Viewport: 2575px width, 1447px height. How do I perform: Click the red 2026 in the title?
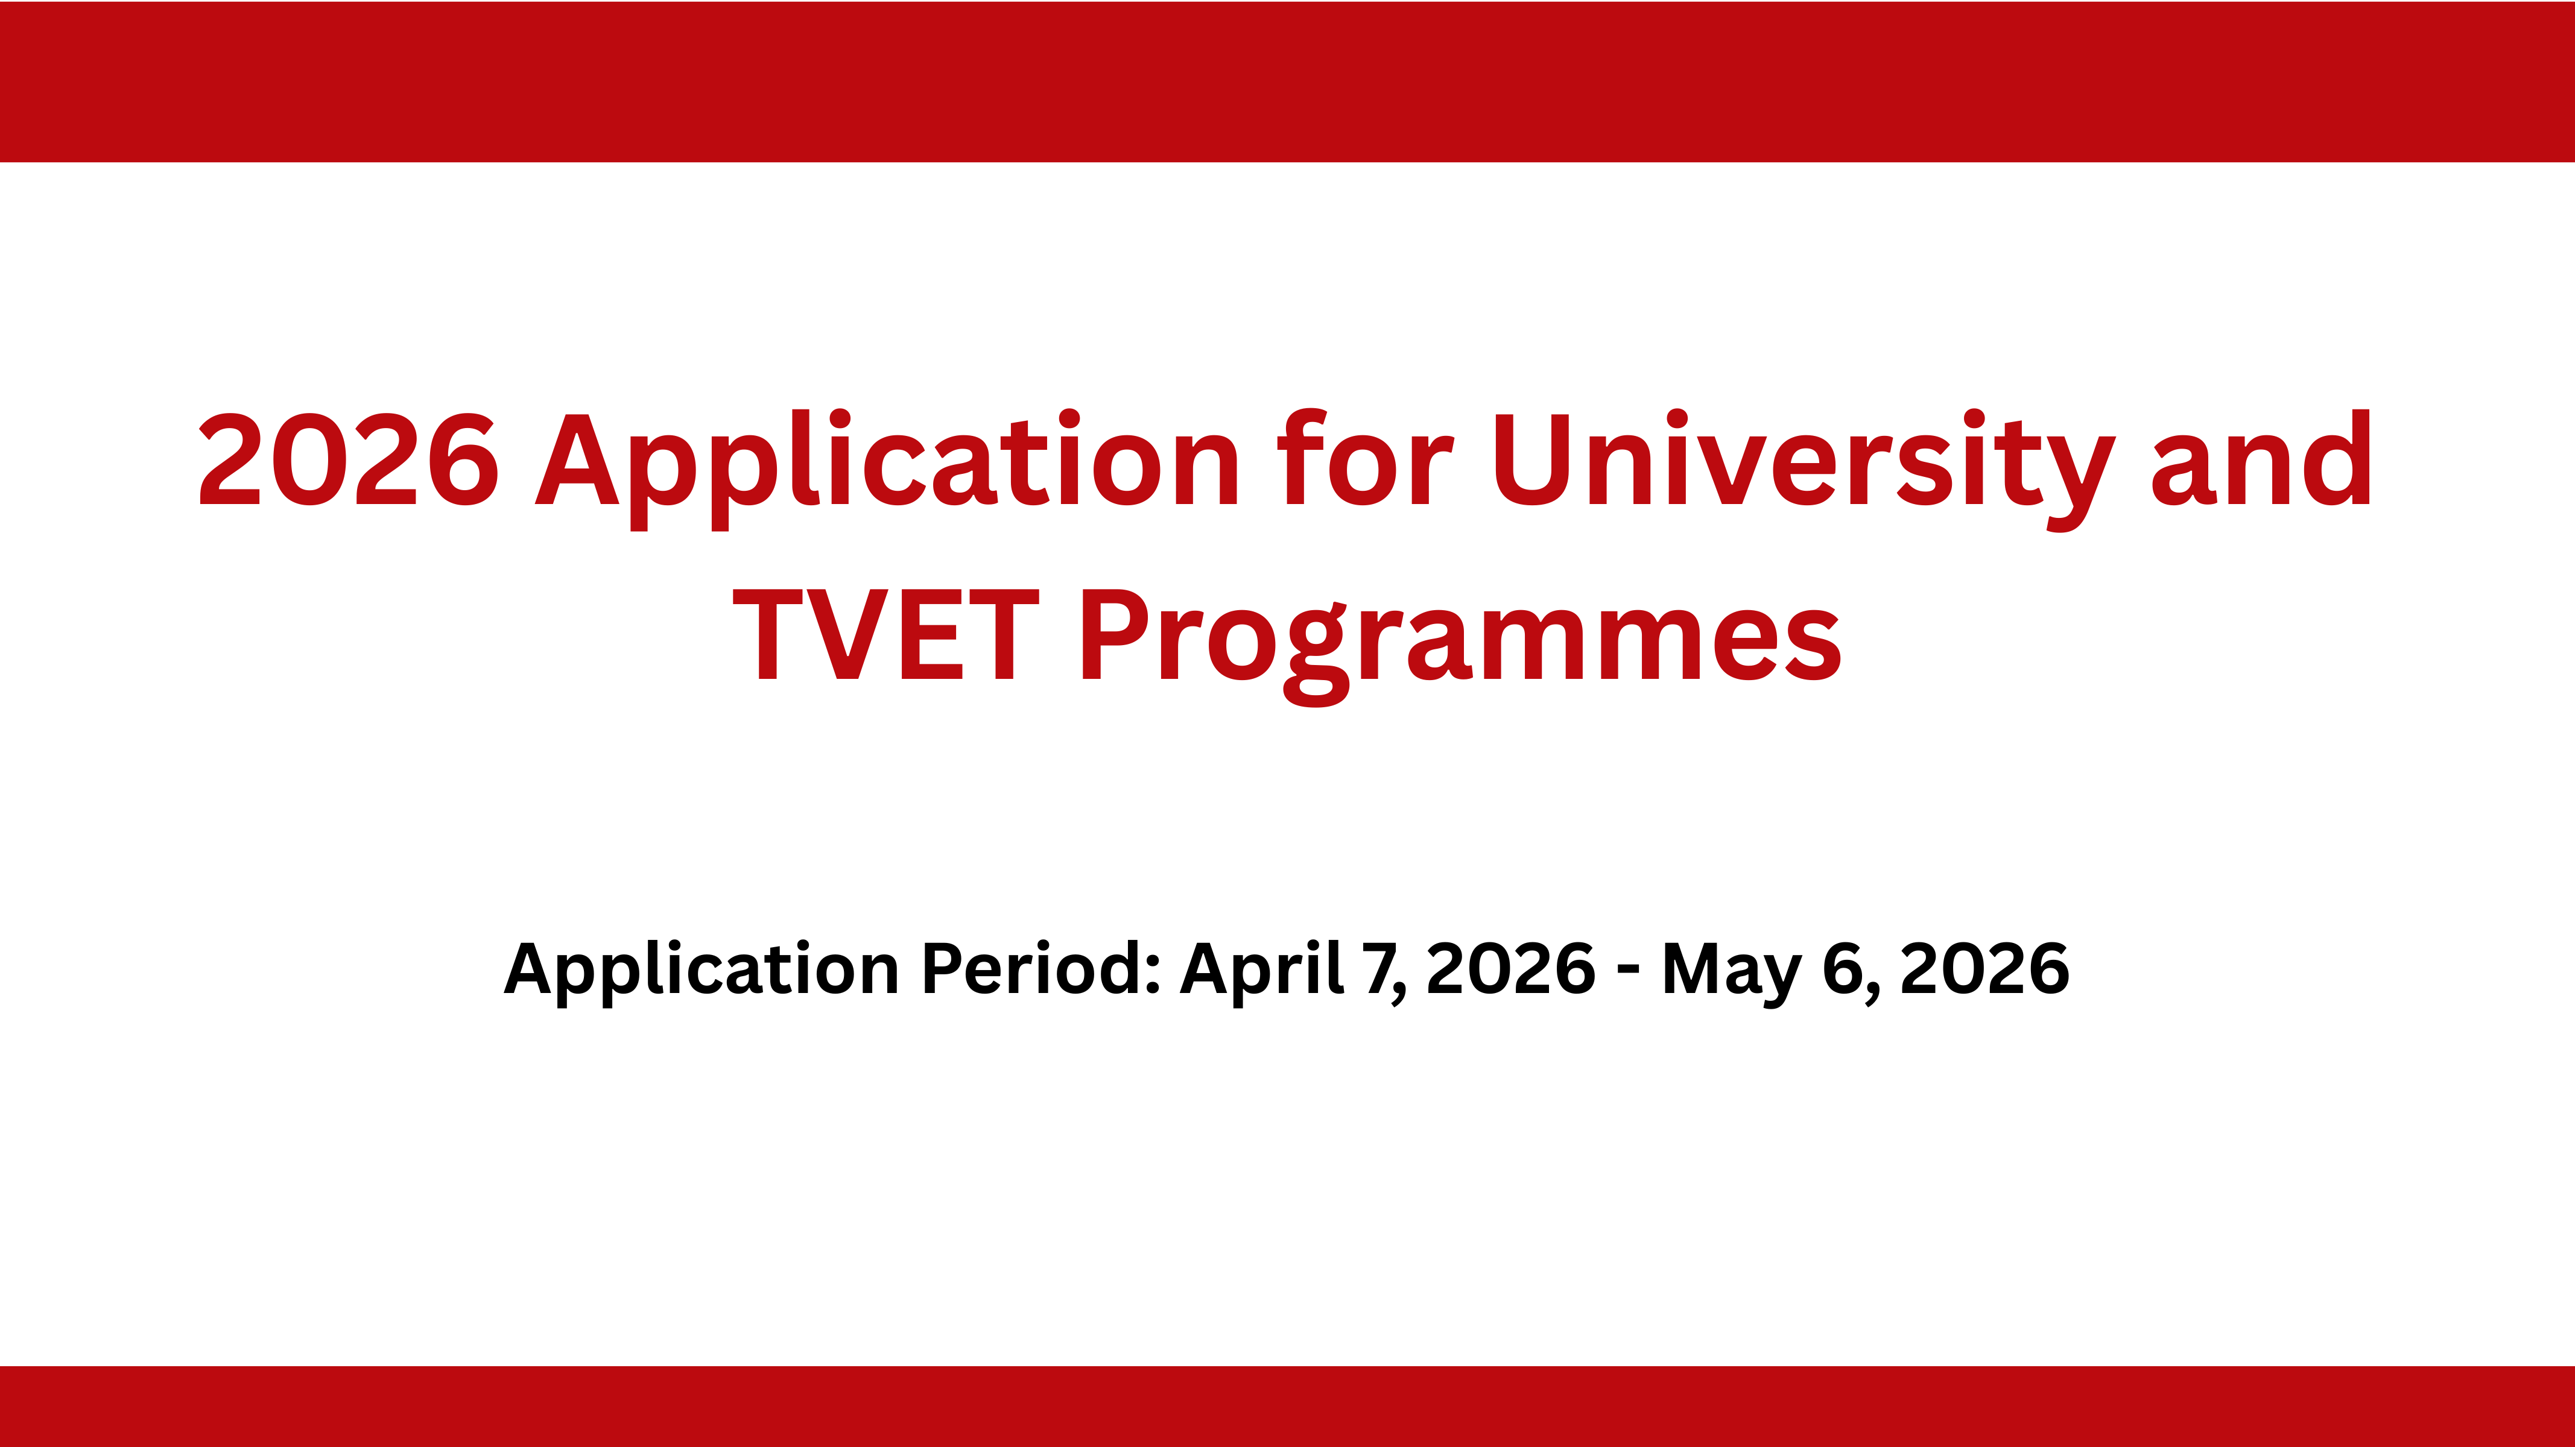[x=349, y=459]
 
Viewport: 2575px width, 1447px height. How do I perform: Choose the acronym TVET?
[x=885, y=634]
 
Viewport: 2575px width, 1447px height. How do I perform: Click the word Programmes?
[x=1462, y=645]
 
